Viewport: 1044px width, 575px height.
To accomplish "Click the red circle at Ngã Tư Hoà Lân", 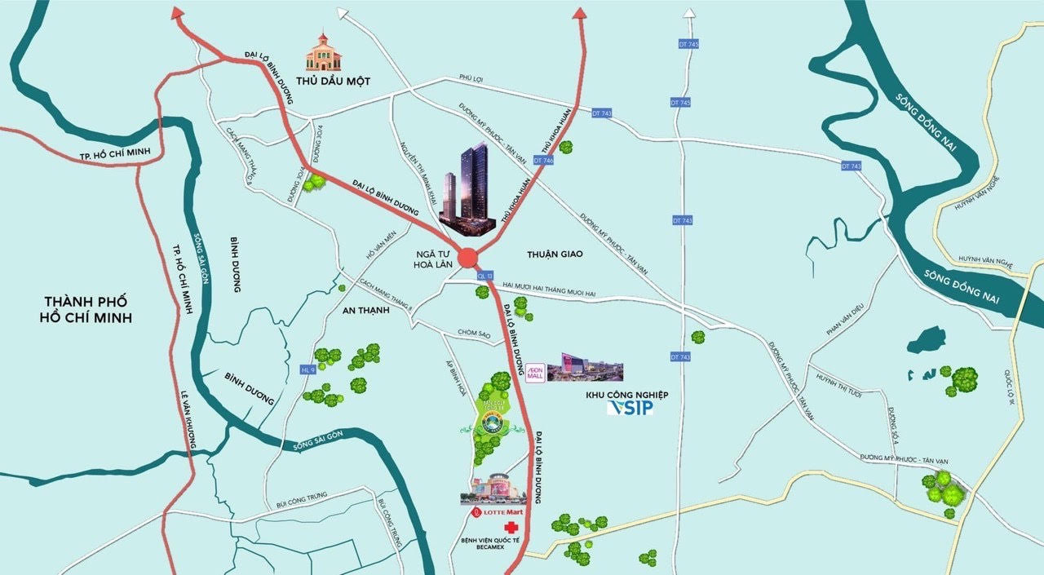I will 467,258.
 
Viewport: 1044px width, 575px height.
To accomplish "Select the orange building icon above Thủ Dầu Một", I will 324,52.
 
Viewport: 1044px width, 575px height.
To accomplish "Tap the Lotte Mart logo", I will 498,512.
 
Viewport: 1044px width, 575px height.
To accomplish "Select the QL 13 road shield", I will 486,275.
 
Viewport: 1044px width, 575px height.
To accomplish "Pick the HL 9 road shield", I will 307,369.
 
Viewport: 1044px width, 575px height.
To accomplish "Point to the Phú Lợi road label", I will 471,78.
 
